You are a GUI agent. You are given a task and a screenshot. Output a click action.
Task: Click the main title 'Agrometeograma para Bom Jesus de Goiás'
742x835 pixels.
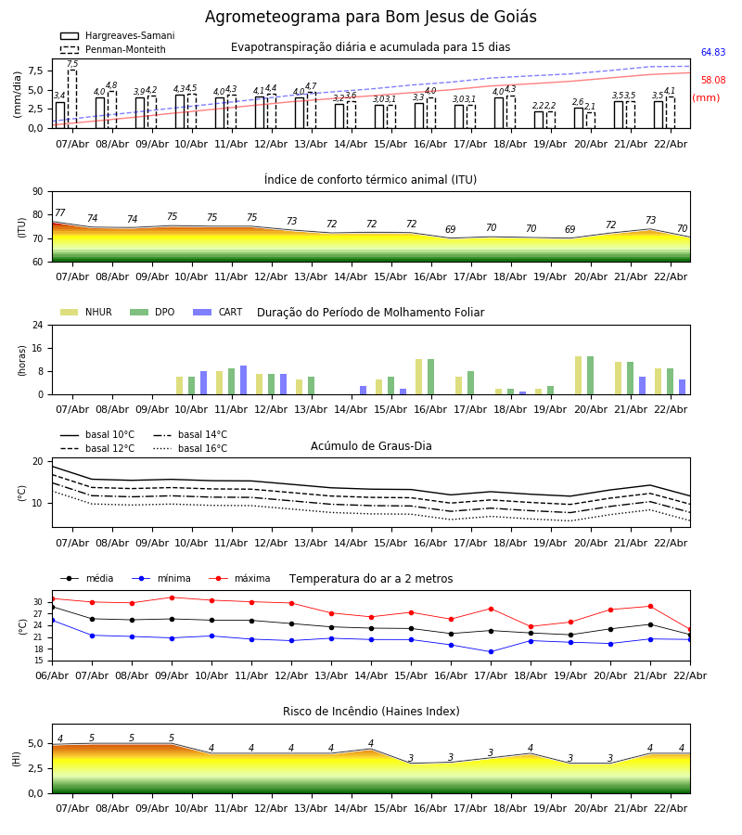[370, 18]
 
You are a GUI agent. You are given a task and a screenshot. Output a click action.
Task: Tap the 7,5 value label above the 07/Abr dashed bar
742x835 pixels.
[72, 64]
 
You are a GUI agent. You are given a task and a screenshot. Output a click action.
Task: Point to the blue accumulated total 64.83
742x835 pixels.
[712, 53]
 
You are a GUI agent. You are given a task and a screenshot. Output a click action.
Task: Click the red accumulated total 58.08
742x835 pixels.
[712, 81]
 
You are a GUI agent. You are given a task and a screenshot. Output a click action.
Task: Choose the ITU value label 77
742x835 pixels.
[59, 213]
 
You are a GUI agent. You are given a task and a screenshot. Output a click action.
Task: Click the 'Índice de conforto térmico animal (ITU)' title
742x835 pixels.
[370, 180]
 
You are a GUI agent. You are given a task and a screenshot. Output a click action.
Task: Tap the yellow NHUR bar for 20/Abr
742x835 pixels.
[578, 375]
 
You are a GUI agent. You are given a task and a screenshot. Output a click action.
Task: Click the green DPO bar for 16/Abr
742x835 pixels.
[430, 377]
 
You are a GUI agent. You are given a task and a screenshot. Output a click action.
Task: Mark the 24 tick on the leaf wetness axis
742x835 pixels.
[40, 326]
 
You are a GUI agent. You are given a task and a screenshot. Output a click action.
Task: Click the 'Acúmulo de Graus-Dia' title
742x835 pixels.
[371, 446]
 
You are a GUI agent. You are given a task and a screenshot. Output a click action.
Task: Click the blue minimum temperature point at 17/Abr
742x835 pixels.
[491, 651]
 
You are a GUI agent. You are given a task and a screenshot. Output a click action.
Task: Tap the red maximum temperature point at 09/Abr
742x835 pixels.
[172, 597]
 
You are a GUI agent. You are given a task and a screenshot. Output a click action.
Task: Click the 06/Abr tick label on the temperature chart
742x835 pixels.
[52, 674]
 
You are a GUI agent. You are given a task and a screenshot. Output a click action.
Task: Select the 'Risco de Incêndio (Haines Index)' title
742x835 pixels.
[371, 712]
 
